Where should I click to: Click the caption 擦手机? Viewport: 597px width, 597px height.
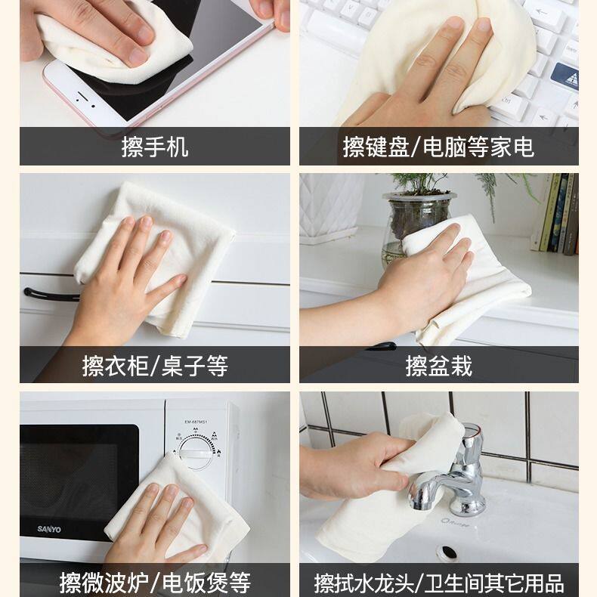(155, 147)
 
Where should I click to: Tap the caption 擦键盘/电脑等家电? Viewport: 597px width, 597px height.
(438, 147)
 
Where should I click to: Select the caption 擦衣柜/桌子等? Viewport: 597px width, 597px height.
(155, 366)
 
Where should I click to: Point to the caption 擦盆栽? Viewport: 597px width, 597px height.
(438, 366)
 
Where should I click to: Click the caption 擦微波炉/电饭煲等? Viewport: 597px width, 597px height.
(155, 583)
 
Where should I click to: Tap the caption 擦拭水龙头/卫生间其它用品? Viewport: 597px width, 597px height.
(438, 583)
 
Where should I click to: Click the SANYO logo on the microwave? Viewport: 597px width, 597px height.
(49, 529)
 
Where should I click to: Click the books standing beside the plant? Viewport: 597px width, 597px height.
(556, 213)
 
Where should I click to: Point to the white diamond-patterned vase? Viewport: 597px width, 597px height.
(330, 208)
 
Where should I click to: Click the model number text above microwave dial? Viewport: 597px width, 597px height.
(196, 422)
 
